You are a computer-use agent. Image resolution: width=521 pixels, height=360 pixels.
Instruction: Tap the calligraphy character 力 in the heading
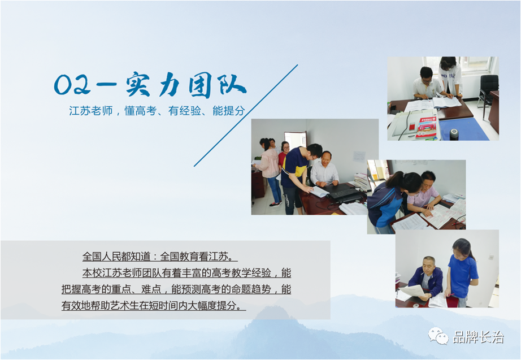169,85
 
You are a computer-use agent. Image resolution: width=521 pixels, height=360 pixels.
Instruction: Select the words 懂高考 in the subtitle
140,111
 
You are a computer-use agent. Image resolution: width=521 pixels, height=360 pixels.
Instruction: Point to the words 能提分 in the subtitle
229,111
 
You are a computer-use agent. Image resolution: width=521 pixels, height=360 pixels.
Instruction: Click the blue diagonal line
246,115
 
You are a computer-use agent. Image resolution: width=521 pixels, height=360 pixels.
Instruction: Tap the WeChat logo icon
438,336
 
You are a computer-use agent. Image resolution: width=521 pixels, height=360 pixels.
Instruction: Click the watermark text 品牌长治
479,337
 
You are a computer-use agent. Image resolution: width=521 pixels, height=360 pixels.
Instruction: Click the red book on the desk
427,127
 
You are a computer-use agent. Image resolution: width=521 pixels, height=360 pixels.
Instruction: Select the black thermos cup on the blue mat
454,133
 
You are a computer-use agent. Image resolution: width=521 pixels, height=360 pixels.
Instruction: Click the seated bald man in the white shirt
324,170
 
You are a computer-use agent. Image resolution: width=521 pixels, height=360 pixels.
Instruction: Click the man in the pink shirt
424,193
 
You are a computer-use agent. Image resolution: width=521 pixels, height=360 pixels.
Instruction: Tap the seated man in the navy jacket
425,279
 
